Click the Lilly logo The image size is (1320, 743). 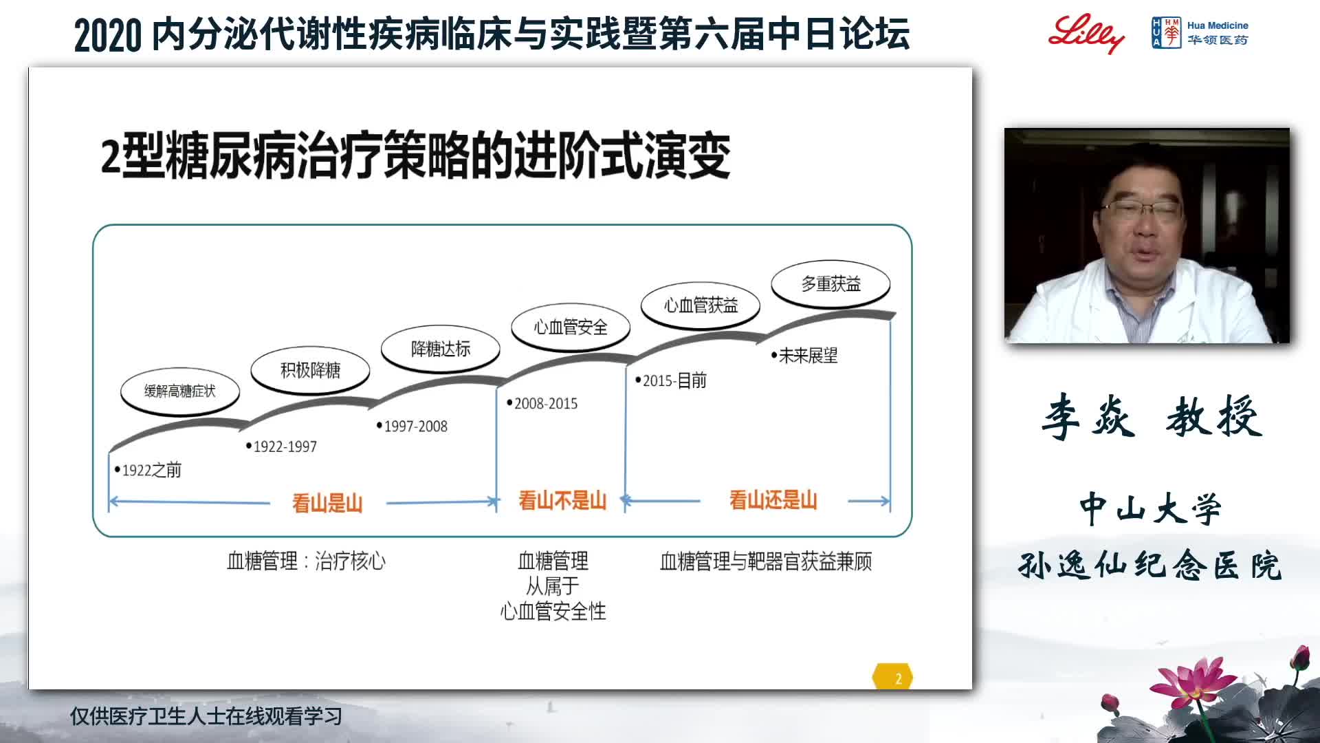click(1086, 33)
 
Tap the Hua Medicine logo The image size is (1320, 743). click(1200, 33)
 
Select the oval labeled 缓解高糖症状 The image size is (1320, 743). click(180, 391)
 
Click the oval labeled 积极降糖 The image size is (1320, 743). click(310, 370)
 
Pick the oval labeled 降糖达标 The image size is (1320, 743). click(441, 349)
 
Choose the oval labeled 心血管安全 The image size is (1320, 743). click(571, 327)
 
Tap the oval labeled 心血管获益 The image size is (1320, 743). click(701, 305)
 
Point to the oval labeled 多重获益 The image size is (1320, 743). click(830, 283)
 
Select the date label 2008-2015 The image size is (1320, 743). click(542, 403)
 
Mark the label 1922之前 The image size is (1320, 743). click(148, 470)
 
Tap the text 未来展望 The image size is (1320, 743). click(804, 356)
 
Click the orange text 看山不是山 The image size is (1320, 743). click(562, 500)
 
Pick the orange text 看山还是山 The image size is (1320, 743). click(773, 500)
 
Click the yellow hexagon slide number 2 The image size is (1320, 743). click(892, 677)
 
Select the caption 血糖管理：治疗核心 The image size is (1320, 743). click(307, 561)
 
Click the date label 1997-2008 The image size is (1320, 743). click(412, 426)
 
